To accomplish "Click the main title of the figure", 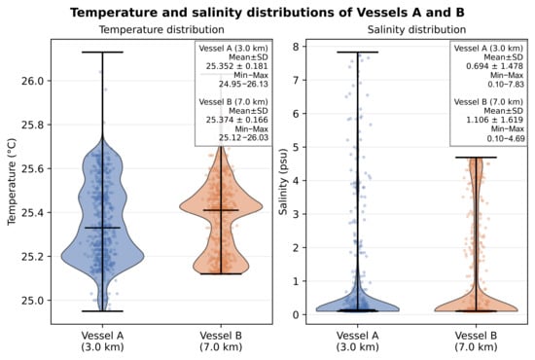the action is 267,13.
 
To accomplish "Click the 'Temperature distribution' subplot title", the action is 161,30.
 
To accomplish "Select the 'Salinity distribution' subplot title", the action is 416,30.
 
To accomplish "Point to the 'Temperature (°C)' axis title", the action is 12,182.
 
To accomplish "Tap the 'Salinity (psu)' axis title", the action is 283,182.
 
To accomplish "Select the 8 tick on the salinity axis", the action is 296,47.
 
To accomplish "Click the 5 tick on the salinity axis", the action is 296,147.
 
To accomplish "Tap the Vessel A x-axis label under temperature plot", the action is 102,342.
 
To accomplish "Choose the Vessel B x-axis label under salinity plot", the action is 476,342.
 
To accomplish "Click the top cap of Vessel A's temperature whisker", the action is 102,53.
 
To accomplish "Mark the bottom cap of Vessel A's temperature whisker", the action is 102,311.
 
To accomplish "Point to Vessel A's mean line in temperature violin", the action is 102,228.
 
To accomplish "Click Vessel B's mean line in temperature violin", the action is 221,210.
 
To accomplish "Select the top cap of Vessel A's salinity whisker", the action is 358,53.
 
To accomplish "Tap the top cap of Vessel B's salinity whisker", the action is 476,158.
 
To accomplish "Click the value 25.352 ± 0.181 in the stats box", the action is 236,66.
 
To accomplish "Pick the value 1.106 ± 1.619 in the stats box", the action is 495,120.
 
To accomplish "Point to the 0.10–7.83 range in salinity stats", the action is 506,84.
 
